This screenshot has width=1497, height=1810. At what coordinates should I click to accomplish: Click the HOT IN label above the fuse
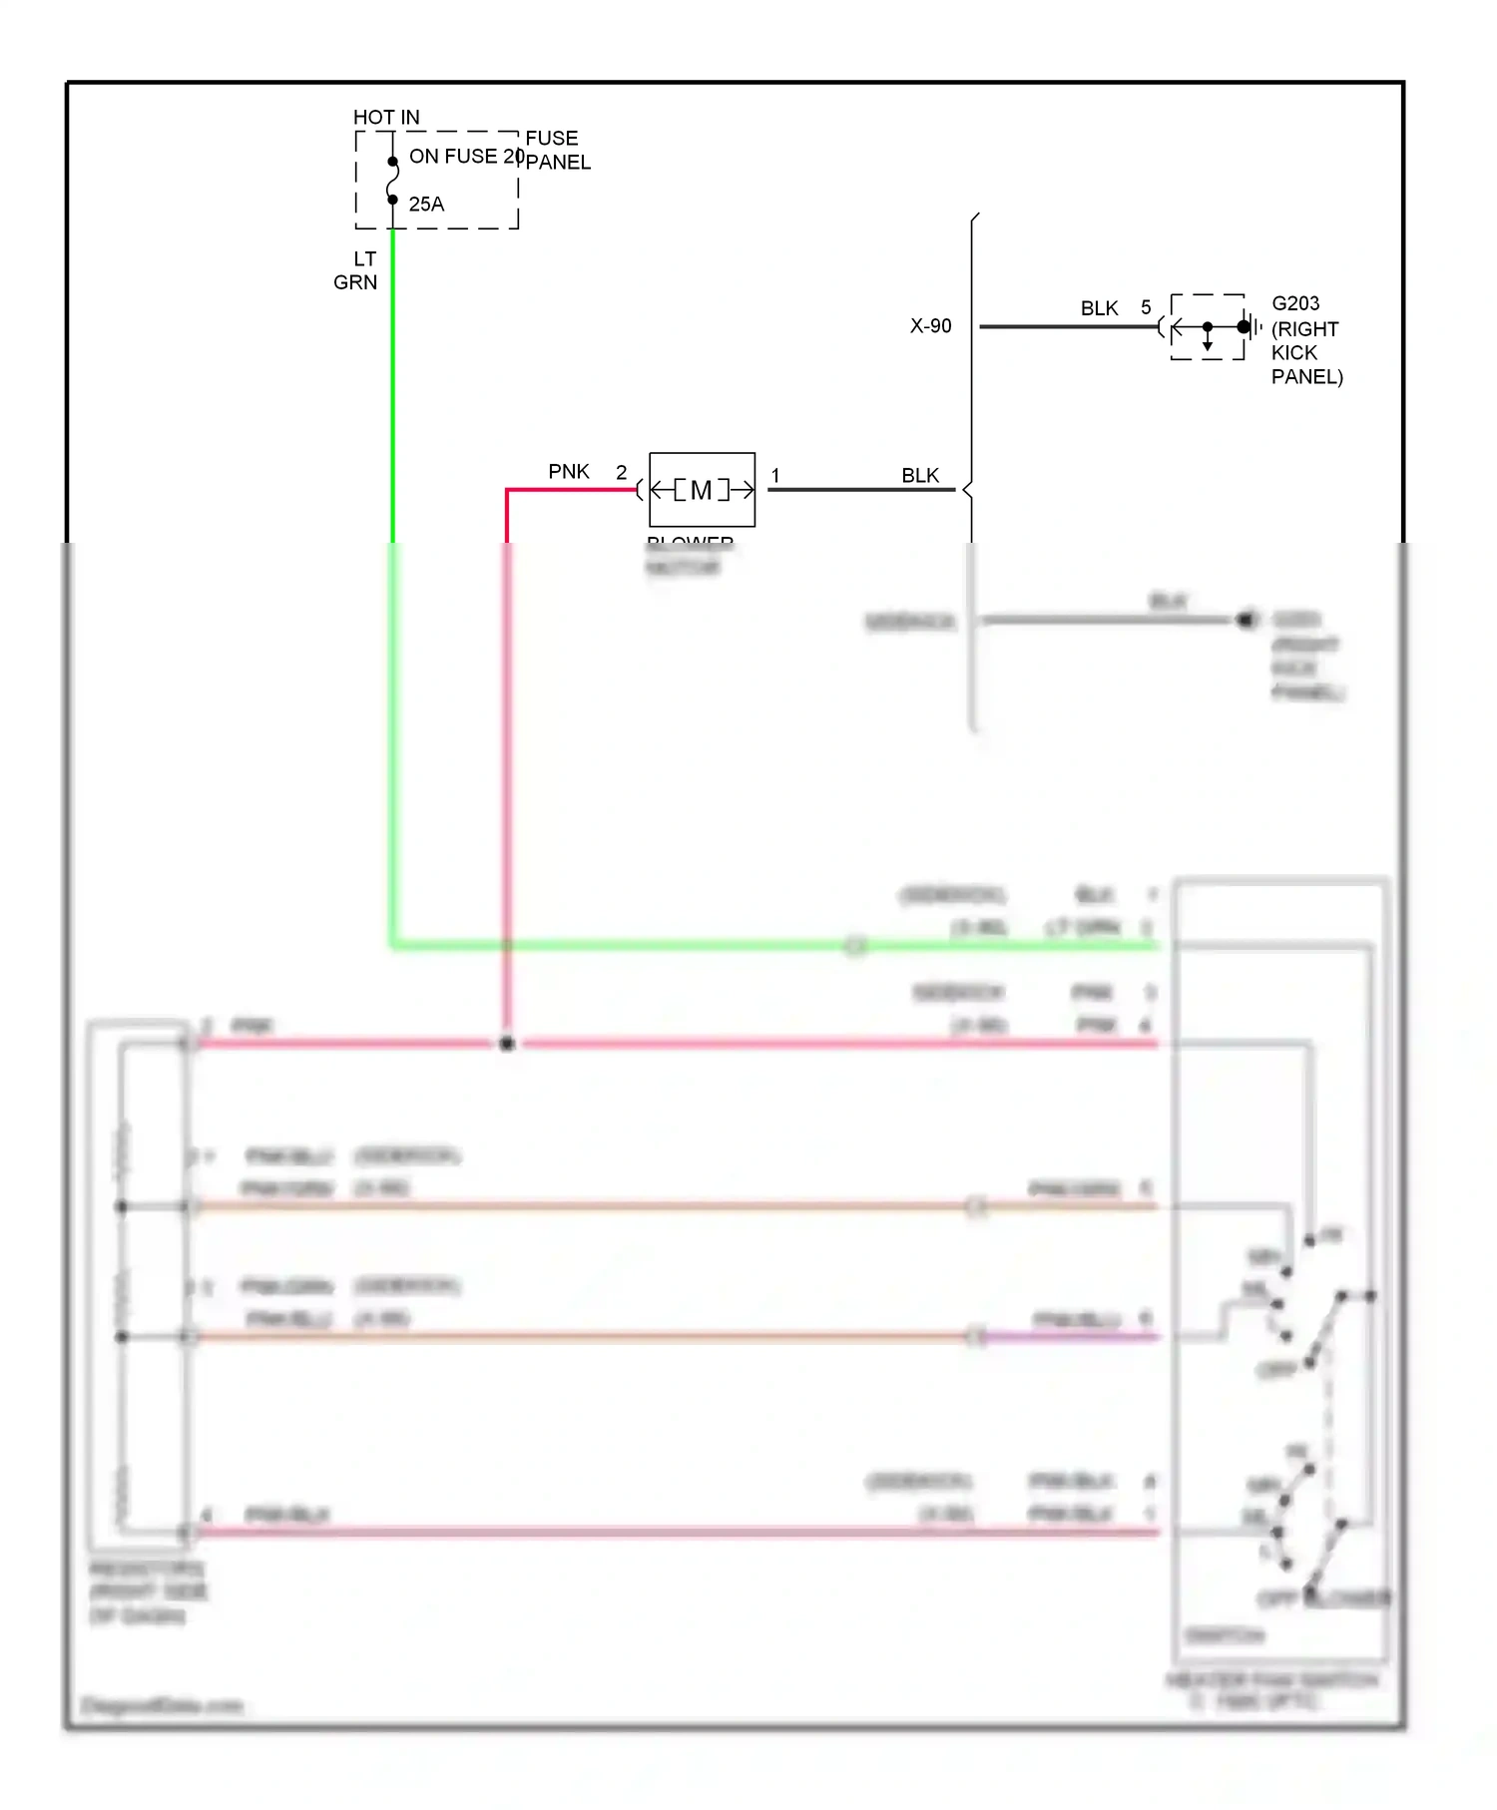[386, 117]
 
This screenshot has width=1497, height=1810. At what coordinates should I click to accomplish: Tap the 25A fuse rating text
[426, 205]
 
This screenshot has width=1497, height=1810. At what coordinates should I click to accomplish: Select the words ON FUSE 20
[466, 157]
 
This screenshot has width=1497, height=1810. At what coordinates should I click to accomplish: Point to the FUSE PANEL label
[557, 150]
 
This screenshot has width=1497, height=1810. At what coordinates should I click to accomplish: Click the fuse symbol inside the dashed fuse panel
[392, 181]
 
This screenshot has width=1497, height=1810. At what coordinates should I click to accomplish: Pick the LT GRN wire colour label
[356, 270]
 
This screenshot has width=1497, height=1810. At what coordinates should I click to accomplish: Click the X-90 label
[930, 326]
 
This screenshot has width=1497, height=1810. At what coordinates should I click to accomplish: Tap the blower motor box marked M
[702, 490]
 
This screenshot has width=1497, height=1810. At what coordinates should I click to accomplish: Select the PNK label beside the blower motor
[569, 471]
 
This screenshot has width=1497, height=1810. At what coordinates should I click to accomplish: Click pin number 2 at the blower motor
[621, 472]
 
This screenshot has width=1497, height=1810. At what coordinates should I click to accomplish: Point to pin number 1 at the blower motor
[775, 476]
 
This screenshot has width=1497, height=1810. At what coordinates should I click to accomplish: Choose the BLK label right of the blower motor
[920, 475]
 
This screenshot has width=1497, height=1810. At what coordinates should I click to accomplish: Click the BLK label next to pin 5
[1099, 308]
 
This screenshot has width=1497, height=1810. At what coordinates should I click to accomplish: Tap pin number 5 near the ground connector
[1146, 307]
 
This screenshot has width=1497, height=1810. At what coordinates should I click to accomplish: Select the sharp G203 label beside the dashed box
[1295, 303]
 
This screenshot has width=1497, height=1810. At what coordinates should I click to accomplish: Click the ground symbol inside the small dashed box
[1249, 326]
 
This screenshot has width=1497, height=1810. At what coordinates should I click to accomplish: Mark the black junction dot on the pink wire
[507, 1044]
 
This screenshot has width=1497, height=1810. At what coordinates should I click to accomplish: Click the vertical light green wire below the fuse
[392, 399]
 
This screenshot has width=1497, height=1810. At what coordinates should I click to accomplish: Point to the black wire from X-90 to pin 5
[1068, 326]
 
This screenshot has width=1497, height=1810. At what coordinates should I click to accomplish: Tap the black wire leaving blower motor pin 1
[858, 490]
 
